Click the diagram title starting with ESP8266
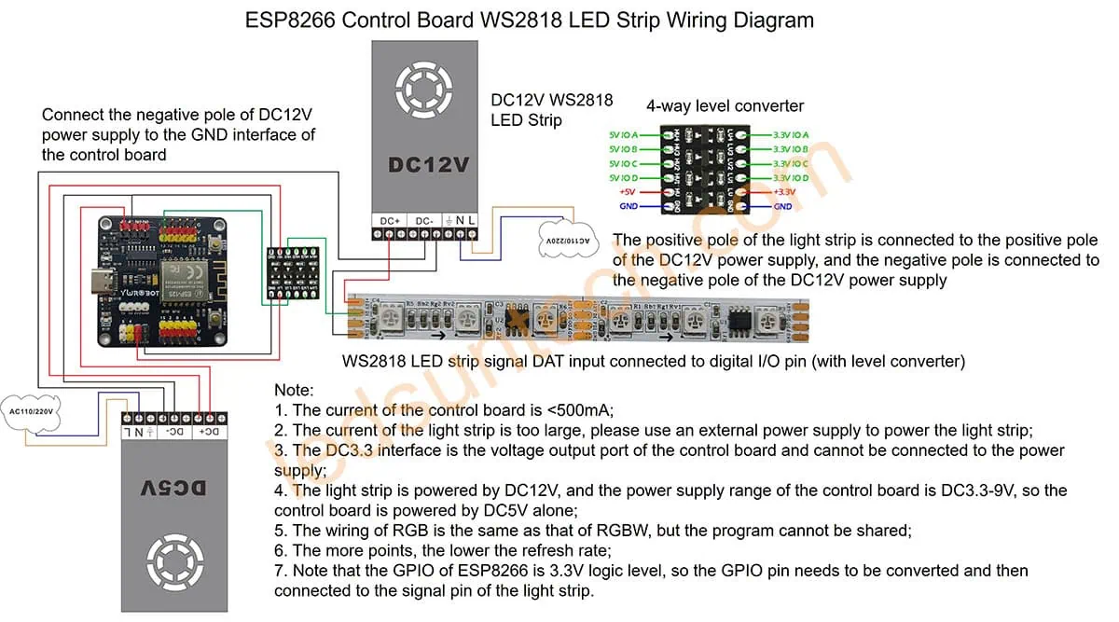(530, 20)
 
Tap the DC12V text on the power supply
(428, 165)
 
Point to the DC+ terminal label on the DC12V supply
(390, 220)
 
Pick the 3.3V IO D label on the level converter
(789, 177)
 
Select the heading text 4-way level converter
(725, 105)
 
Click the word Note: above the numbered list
(295, 390)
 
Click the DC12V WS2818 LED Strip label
(552, 110)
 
